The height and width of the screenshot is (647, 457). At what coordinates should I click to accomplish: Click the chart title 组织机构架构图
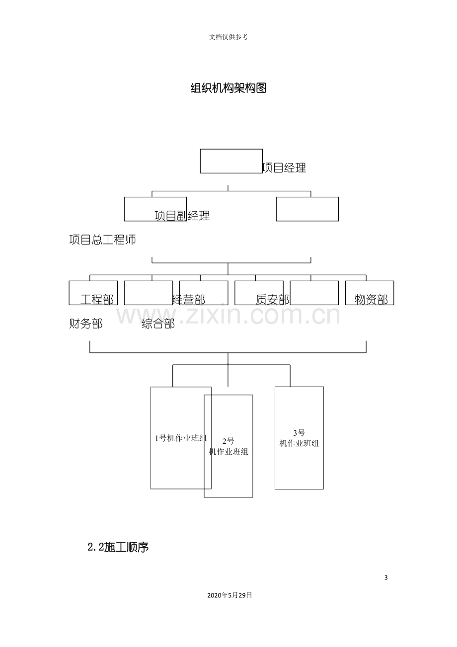pyautogui.click(x=228, y=88)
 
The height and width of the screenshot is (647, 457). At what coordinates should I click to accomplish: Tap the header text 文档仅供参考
pyautogui.click(x=228, y=37)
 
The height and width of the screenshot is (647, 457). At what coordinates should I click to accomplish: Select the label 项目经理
pyautogui.click(x=284, y=168)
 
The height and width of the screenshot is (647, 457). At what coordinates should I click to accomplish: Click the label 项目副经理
pyautogui.click(x=182, y=216)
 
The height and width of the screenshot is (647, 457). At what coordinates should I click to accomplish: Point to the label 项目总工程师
pyautogui.click(x=102, y=240)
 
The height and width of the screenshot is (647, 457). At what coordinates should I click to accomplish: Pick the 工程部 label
pyautogui.click(x=97, y=300)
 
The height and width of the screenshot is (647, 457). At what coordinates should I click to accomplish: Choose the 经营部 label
pyautogui.click(x=189, y=300)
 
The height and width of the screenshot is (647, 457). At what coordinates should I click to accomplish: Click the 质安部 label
pyautogui.click(x=272, y=300)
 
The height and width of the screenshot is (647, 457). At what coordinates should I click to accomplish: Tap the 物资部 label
pyautogui.click(x=371, y=300)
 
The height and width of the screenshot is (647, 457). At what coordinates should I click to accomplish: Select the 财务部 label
pyautogui.click(x=86, y=323)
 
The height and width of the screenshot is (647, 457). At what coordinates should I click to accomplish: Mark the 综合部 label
pyautogui.click(x=158, y=323)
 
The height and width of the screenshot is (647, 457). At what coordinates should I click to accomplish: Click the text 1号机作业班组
pyautogui.click(x=181, y=438)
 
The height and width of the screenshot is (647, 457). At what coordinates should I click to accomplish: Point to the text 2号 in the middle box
pyautogui.click(x=228, y=441)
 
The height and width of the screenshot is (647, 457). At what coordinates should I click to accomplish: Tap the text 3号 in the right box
pyautogui.click(x=299, y=433)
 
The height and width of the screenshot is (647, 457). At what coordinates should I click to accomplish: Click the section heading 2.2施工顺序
pyautogui.click(x=118, y=547)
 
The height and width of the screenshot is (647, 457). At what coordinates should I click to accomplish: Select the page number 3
pyautogui.click(x=386, y=583)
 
